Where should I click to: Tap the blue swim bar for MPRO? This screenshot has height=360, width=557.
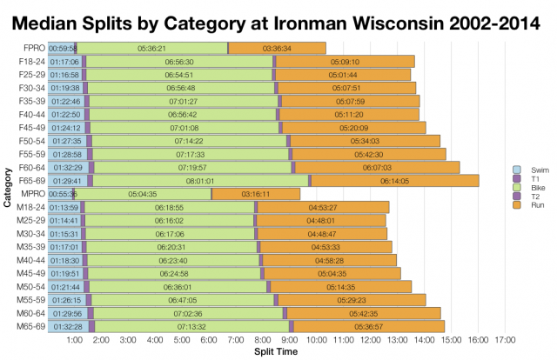pyautogui.click(x=62, y=194)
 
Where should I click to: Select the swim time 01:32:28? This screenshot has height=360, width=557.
pyautogui.click(x=67, y=325)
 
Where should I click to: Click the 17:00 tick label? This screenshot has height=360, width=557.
pyautogui.click(x=504, y=340)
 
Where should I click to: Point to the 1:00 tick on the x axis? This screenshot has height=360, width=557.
pyautogui.click(x=74, y=340)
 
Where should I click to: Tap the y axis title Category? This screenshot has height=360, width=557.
pyautogui.click(x=7, y=187)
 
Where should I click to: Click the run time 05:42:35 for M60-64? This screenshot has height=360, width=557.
pyautogui.click(x=363, y=312)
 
